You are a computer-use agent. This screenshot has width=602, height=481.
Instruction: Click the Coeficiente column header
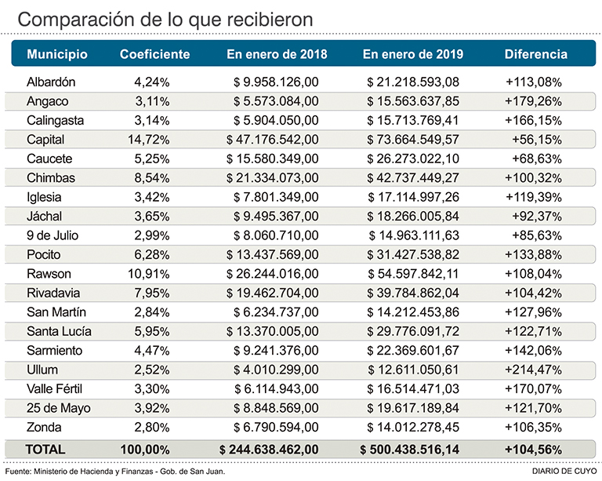point(154,55)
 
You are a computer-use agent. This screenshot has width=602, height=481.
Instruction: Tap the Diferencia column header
point(535,55)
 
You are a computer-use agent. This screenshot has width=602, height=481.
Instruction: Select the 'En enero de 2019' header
point(412,55)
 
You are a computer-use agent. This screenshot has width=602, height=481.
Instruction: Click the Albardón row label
point(51,82)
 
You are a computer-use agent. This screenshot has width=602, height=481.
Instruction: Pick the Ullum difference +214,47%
point(534,370)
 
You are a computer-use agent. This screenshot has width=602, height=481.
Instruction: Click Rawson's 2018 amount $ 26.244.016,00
point(273,274)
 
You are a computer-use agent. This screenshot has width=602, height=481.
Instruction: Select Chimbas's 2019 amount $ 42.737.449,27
point(413,178)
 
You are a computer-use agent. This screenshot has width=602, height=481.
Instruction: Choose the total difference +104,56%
point(532,449)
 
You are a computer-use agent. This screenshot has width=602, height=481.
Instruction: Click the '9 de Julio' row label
point(53,235)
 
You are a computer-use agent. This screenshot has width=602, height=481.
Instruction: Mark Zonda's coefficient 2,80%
point(152,428)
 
